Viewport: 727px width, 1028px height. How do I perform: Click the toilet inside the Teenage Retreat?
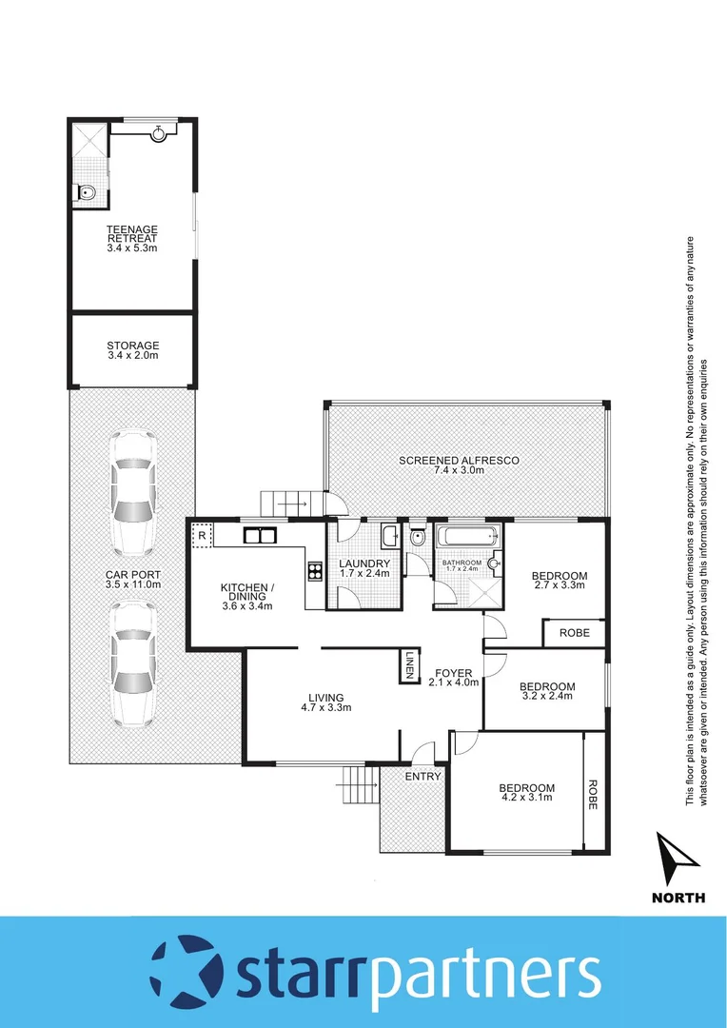(x=87, y=193)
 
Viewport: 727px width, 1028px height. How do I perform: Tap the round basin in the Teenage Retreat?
(x=158, y=134)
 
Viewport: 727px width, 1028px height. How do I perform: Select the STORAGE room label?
(x=132, y=346)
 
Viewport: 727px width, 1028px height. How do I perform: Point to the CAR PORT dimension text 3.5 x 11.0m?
(x=132, y=584)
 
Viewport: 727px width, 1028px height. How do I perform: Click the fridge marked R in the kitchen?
(x=202, y=536)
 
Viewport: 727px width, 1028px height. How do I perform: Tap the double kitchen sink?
(x=258, y=535)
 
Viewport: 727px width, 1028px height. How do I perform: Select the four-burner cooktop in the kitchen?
(x=313, y=571)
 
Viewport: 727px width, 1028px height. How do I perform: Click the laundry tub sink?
(x=390, y=538)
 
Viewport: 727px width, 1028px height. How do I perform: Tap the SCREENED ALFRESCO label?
(x=459, y=461)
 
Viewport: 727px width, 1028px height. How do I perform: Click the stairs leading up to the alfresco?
(x=288, y=504)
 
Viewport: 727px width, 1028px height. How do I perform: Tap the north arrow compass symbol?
(x=678, y=860)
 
